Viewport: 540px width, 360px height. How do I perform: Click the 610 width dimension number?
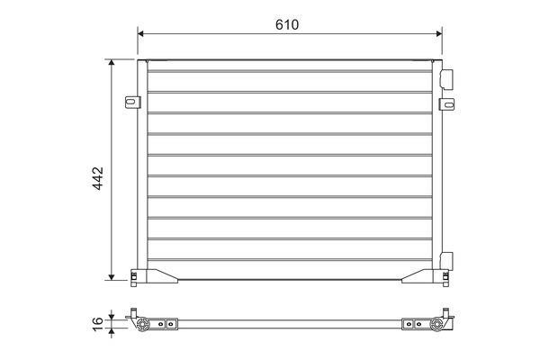coord(287,24)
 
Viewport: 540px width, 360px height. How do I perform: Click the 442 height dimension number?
coord(98,178)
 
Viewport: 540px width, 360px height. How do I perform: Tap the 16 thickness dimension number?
coord(98,324)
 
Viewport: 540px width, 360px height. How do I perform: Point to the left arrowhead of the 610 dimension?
coord(140,33)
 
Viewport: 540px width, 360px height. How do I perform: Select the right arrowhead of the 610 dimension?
coord(439,33)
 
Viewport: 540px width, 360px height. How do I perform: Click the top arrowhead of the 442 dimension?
coord(112,62)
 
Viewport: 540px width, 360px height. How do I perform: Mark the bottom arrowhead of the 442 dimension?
coord(112,276)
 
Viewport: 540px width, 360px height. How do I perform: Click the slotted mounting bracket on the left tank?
coord(132,103)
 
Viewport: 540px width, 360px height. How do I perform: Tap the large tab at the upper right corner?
coord(447,79)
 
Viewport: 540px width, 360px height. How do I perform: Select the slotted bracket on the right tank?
coord(446,104)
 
